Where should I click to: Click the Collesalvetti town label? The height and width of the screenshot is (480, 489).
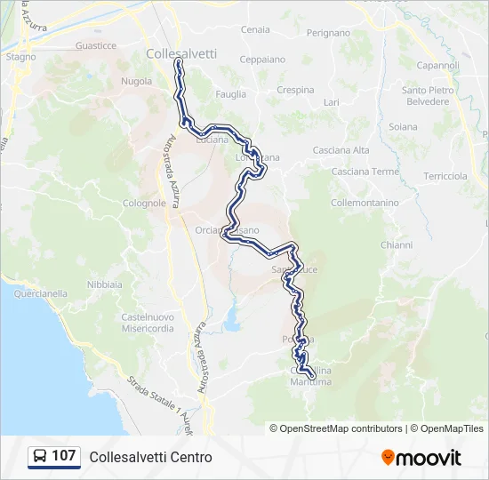click(x=181, y=53)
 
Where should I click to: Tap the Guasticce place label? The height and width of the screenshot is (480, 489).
click(x=96, y=45)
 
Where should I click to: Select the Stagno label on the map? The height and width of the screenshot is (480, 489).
click(x=21, y=57)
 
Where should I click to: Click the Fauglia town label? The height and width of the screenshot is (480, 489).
click(x=231, y=93)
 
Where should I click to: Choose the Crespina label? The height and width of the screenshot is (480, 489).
click(x=295, y=90)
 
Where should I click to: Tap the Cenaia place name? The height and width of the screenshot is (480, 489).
click(x=255, y=29)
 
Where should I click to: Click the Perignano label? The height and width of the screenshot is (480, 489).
click(x=328, y=33)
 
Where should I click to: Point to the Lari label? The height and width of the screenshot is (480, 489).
click(x=332, y=103)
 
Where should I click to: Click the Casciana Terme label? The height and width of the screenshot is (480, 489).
click(x=365, y=172)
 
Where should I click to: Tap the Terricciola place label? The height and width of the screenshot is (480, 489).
click(x=445, y=176)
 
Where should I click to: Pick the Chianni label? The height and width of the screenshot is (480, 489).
click(x=397, y=244)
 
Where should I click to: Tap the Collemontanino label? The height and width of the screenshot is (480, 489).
click(x=365, y=203)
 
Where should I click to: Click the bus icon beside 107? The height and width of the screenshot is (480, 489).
click(x=40, y=456)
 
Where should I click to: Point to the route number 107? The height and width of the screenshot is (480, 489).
click(x=64, y=456)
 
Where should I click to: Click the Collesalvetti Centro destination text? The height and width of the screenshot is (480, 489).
click(x=151, y=457)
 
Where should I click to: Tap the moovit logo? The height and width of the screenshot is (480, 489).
click(x=421, y=458)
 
